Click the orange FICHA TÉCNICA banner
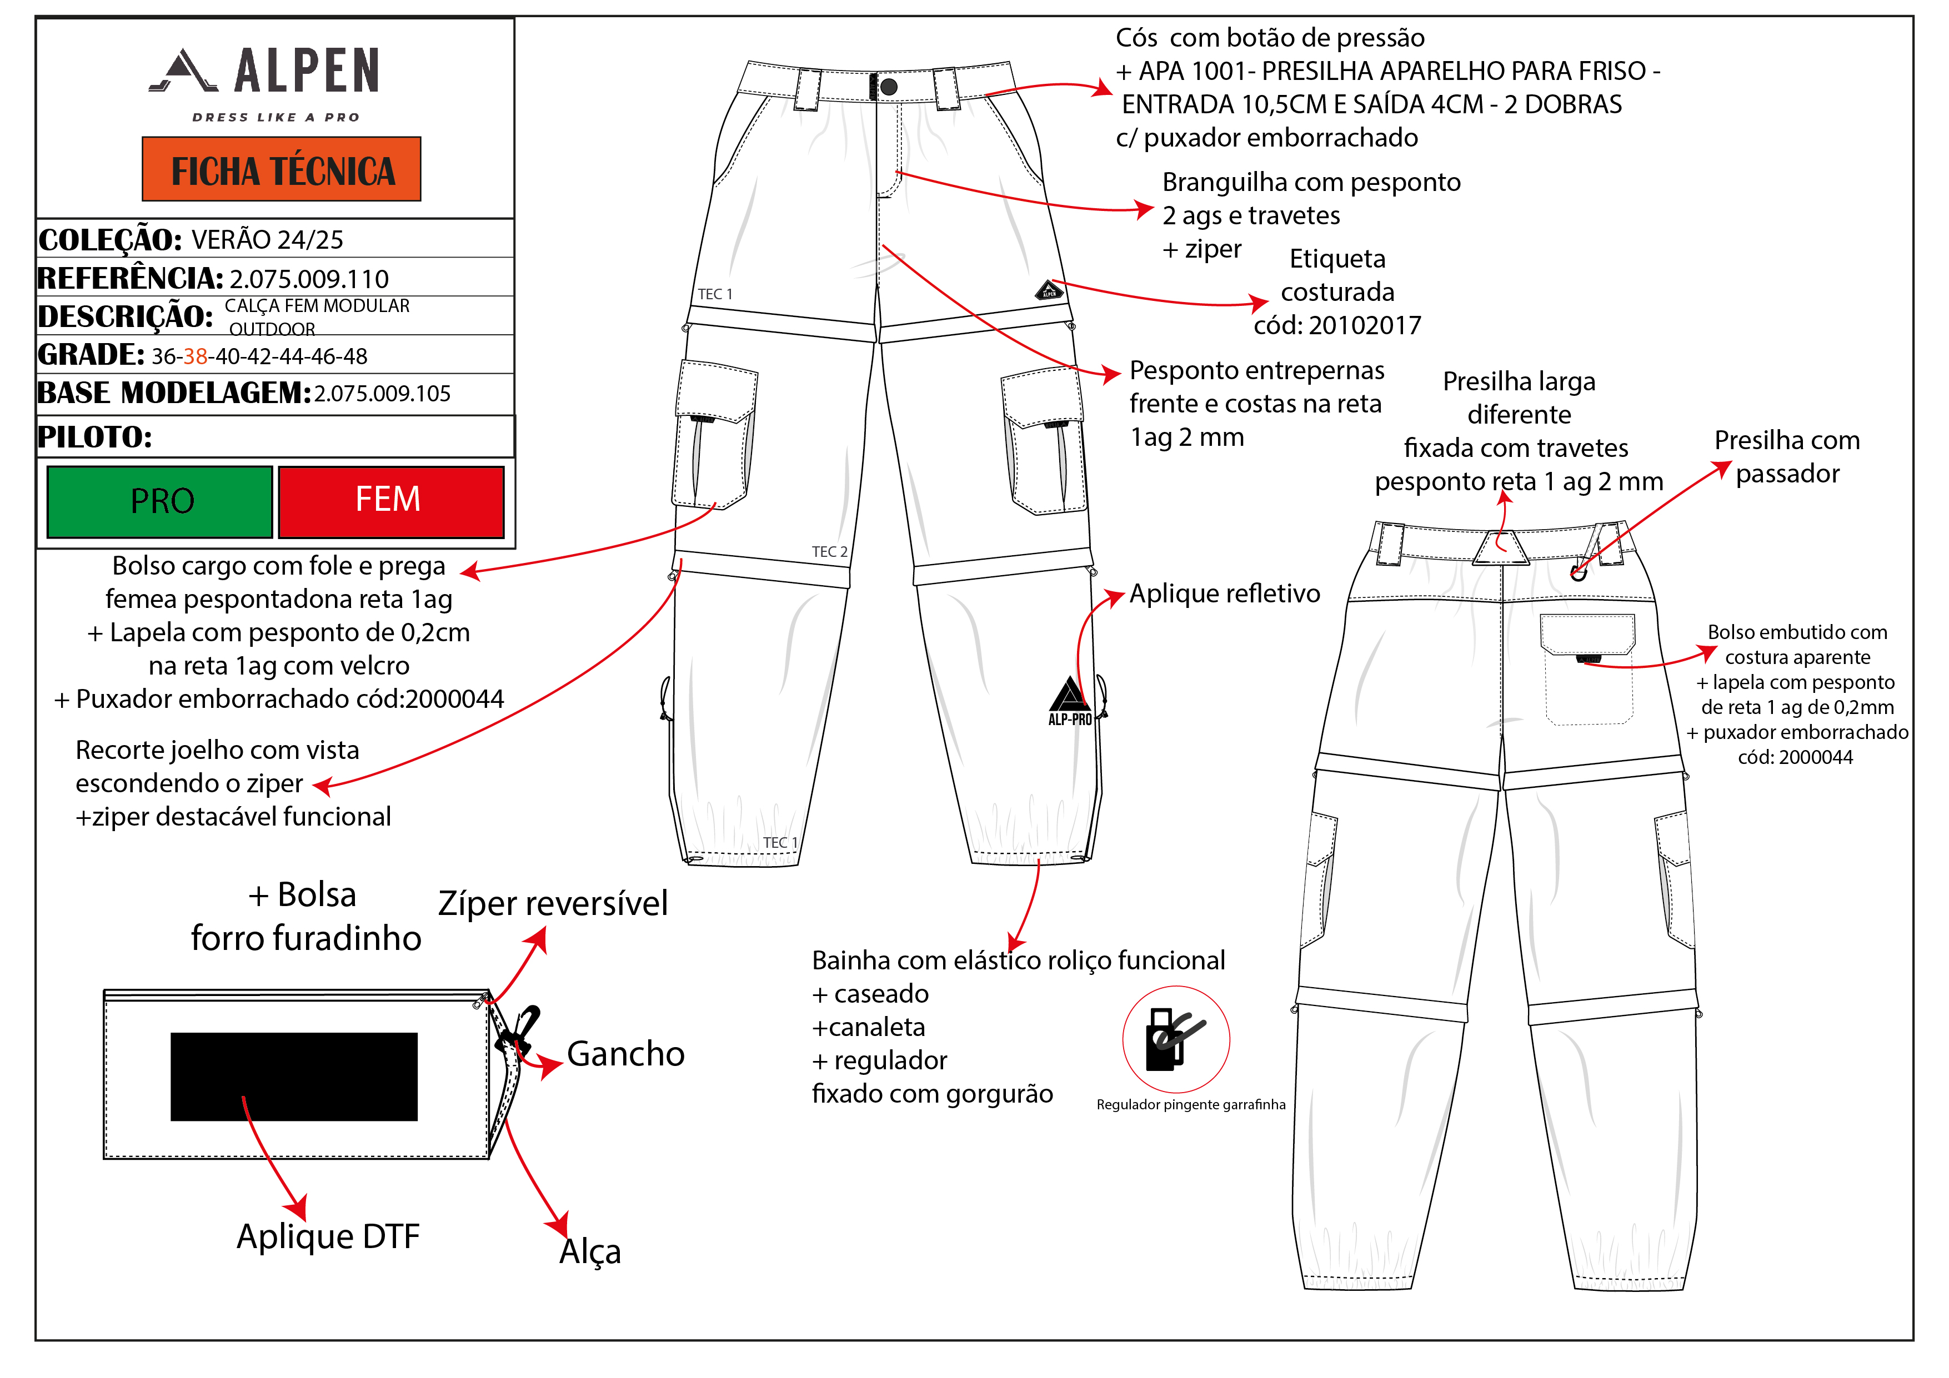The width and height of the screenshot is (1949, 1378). pyautogui.click(x=281, y=170)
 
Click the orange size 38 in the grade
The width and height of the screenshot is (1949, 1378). pyautogui.click(x=196, y=356)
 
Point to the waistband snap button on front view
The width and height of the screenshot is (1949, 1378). pyautogui.click(x=889, y=87)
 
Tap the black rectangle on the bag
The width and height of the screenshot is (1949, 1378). pyautogui.click(x=294, y=1076)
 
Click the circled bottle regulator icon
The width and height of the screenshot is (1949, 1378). pyautogui.click(x=1176, y=1039)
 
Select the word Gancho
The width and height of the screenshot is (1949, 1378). pyautogui.click(x=625, y=1054)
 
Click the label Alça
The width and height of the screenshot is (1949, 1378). pyautogui.click(x=590, y=1251)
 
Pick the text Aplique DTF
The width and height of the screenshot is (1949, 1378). pyautogui.click(x=328, y=1236)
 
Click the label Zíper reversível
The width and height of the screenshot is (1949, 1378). pyautogui.click(x=553, y=904)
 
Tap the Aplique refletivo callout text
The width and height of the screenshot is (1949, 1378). pyautogui.click(x=1224, y=594)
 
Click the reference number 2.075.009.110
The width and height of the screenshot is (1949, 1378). pyautogui.click(x=309, y=279)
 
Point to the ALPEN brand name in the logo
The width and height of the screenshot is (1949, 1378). pyautogui.click(x=307, y=71)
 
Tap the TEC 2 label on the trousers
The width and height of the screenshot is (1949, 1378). pyautogui.click(x=829, y=551)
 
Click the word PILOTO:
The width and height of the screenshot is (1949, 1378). pyautogui.click(x=95, y=437)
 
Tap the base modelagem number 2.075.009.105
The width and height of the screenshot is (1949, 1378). pyautogui.click(x=382, y=394)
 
